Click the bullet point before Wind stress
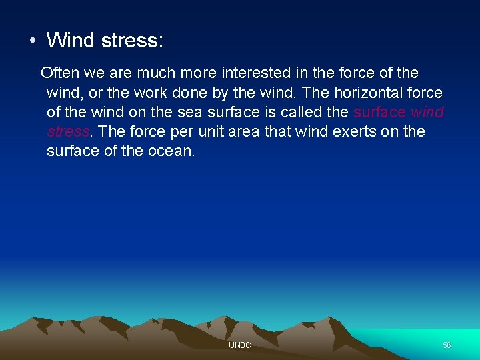(32, 41)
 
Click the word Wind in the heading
(70, 40)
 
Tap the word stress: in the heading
(131, 40)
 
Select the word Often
(59, 72)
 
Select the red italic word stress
(67, 131)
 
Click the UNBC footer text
(239, 345)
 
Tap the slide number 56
(447, 345)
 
